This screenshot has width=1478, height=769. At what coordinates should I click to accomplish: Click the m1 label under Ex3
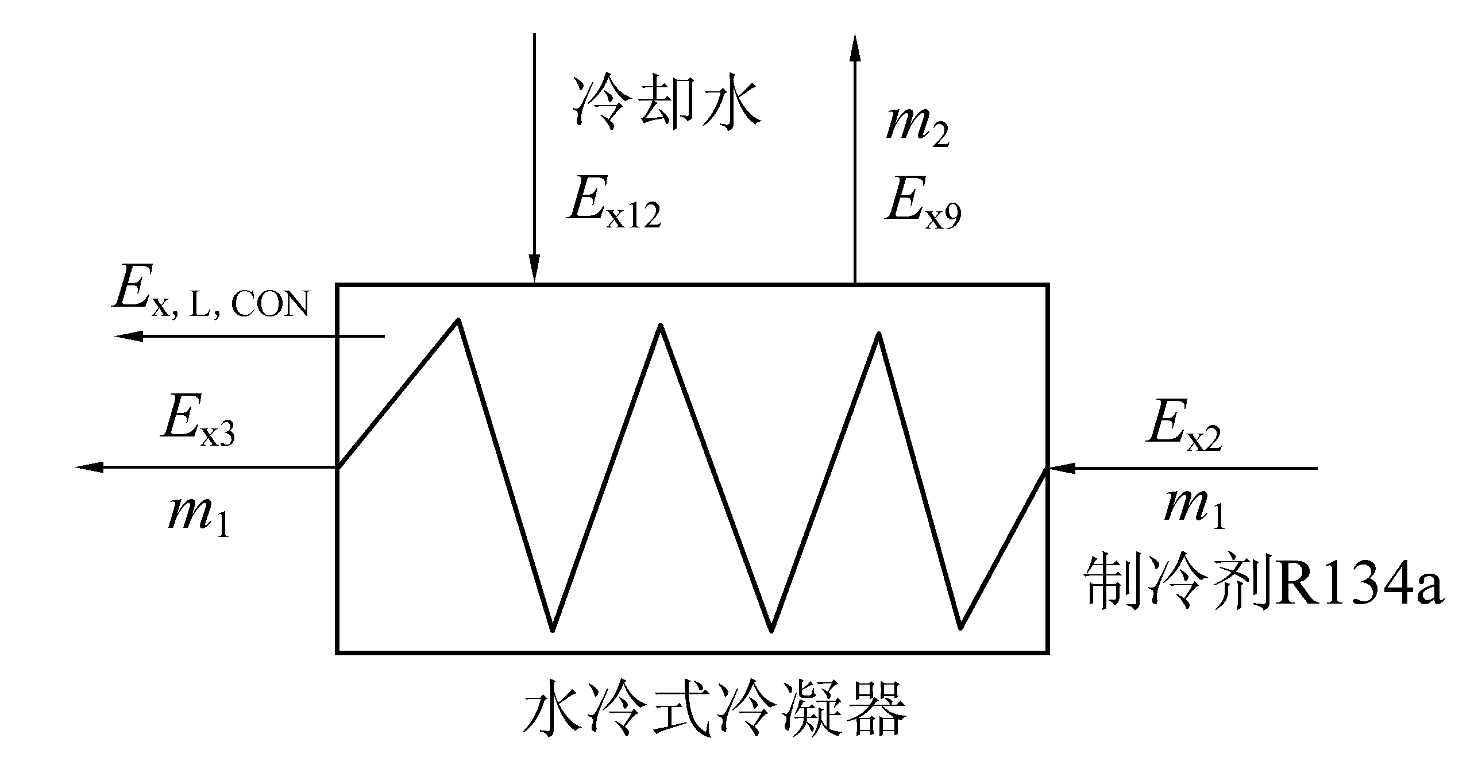coord(199,514)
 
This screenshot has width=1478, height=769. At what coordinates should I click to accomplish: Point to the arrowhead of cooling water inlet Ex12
coord(535,270)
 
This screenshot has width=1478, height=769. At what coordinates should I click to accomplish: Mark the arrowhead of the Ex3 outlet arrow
coord(89,467)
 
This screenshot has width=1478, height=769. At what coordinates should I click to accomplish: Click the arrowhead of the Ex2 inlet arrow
coord(1060,468)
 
